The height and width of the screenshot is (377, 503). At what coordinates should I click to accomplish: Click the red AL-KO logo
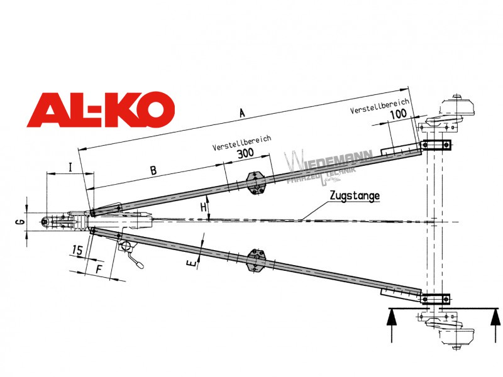coord(101,110)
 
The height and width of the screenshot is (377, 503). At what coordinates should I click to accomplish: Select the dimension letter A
coord(242,113)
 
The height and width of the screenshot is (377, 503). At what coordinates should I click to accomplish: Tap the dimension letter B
coord(153,170)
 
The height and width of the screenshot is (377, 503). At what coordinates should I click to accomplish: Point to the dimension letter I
coord(70,167)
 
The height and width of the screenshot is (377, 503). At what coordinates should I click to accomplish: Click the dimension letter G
coord(20,222)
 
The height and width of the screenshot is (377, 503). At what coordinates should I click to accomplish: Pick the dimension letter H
coord(203,207)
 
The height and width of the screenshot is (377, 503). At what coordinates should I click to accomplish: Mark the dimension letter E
coord(191,263)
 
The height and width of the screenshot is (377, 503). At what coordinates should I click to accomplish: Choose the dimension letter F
coord(99,269)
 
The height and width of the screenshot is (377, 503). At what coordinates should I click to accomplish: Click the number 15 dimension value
coord(77,249)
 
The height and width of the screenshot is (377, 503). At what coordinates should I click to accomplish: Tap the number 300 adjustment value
coord(245,153)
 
